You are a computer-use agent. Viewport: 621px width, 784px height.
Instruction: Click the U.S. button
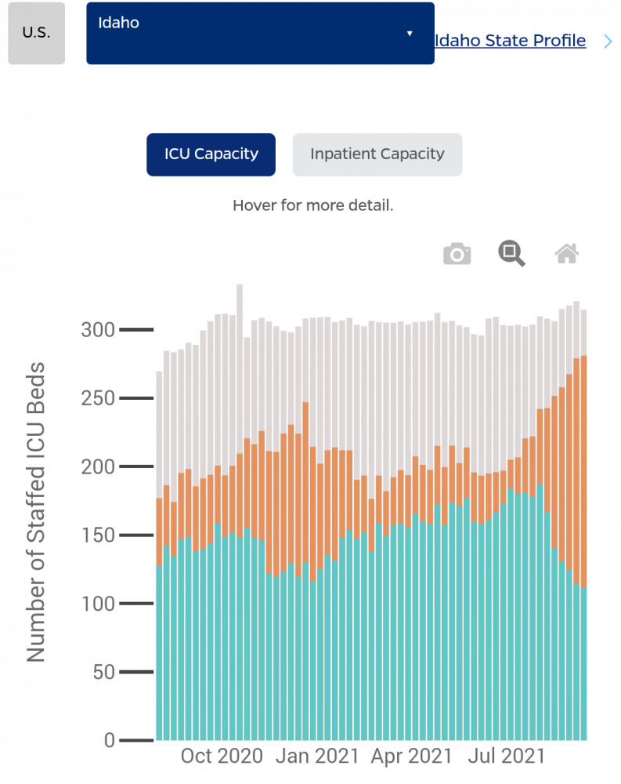36,34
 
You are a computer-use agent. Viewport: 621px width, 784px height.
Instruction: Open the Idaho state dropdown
260,33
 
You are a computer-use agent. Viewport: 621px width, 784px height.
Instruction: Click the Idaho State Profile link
510,41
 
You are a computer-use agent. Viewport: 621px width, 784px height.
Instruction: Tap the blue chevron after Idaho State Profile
608,42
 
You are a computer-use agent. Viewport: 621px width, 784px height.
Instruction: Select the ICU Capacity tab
211,154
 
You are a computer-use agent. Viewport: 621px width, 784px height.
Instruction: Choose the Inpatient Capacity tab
377,154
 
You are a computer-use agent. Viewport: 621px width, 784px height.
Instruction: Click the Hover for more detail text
312,206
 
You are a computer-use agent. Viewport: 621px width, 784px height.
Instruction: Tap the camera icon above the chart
457,254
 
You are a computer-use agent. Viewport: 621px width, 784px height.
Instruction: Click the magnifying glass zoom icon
512,253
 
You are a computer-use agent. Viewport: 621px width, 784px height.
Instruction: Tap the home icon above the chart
567,253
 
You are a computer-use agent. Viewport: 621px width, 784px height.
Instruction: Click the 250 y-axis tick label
98,398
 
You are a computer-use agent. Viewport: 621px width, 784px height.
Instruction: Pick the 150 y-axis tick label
98,535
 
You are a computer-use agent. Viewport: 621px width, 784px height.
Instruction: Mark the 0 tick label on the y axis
109,741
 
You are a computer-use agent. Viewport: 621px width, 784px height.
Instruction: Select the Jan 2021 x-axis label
317,757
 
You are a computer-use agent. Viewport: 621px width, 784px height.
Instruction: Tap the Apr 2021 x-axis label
411,757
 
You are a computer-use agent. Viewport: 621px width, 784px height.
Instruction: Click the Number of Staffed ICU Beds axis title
37,511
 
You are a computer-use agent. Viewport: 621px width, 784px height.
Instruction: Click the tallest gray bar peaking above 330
240,302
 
